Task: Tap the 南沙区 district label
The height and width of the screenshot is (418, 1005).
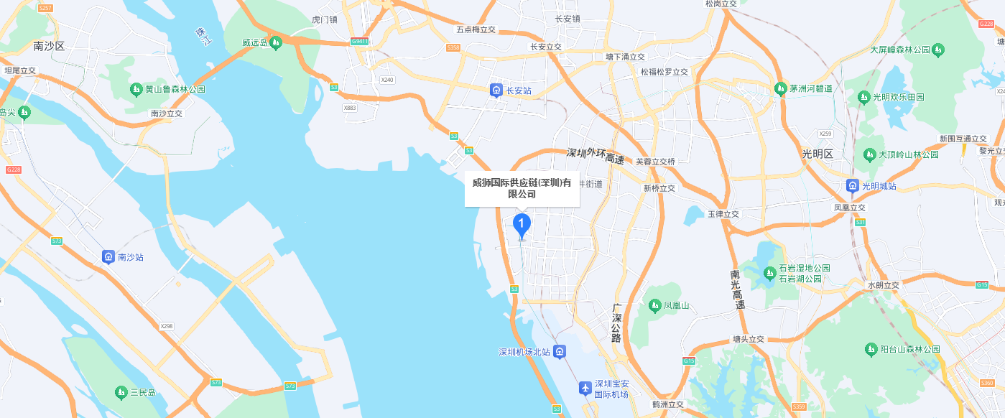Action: click(x=49, y=46)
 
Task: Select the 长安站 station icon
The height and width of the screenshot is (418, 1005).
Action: click(x=496, y=90)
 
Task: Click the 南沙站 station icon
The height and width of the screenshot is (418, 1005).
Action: click(x=108, y=256)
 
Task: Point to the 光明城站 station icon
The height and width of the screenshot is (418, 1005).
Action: click(x=852, y=186)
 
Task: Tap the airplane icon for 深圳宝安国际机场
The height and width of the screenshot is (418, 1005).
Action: click(x=585, y=389)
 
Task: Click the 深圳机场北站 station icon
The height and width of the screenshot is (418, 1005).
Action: click(x=560, y=351)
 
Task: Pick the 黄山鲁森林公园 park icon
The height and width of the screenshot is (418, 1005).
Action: click(x=136, y=90)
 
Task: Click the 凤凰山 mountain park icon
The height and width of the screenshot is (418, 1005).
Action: click(x=654, y=306)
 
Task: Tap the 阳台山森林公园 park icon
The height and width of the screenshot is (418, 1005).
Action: click(x=871, y=349)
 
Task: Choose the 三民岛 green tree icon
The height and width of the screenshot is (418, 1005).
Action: click(x=121, y=392)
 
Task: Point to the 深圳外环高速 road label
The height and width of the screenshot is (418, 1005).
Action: click(x=595, y=156)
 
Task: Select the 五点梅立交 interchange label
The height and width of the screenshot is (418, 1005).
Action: click(x=476, y=29)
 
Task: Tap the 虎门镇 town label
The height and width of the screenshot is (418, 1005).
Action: click(x=325, y=19)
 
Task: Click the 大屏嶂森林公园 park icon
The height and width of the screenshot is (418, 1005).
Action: click(x=937, y=50)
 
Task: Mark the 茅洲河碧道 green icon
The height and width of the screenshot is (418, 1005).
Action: click(x=781, y=89)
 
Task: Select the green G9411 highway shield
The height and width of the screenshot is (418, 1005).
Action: click(x=360, y=42)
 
